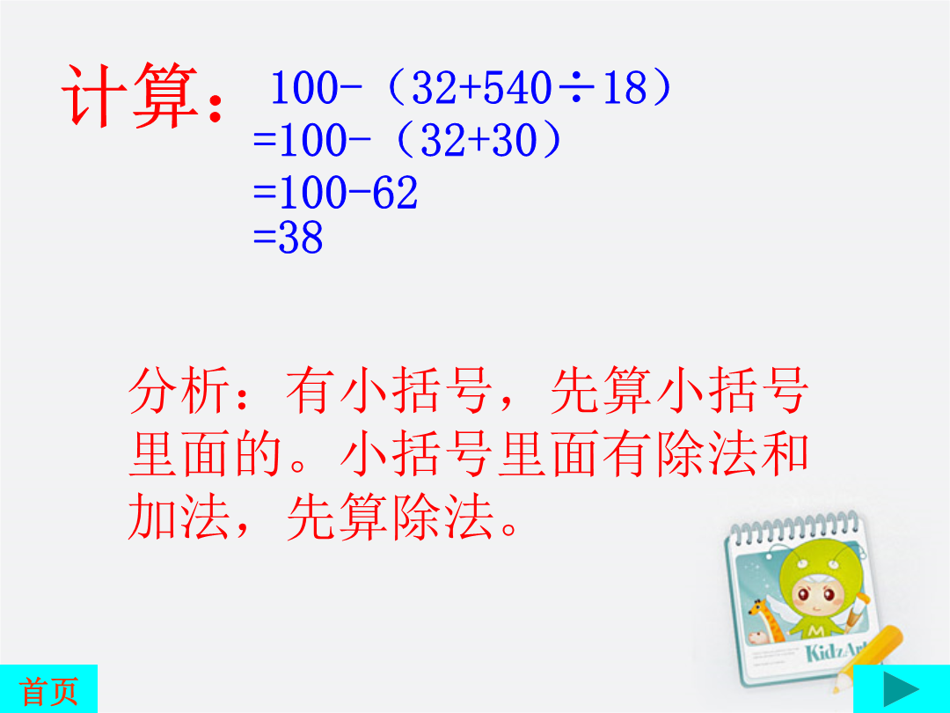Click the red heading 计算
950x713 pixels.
coord(130,96)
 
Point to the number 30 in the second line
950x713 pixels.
coord(515,140)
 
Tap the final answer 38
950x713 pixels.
coord(300,237)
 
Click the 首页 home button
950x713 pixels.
coord(48,688)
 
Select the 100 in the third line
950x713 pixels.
coord(312,193)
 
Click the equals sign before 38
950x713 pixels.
coord(264,237)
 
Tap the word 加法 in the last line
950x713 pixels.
coord(179,518)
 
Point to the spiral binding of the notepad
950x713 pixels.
coord(793,529)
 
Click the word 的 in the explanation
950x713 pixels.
coord(259,454)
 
